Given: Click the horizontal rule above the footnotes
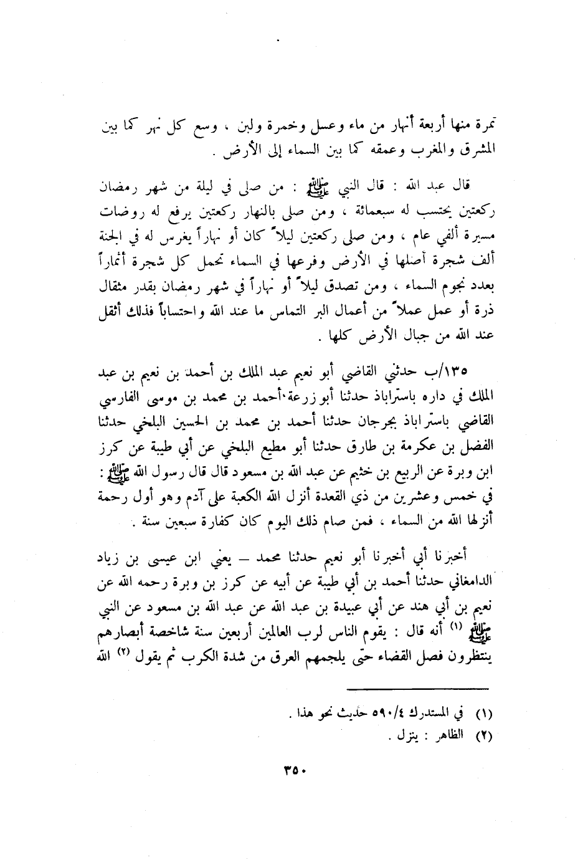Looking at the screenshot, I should [419, 689].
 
